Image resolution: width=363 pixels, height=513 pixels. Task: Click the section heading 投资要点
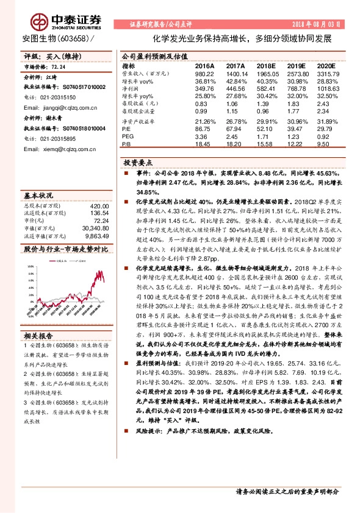coord(138,163)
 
